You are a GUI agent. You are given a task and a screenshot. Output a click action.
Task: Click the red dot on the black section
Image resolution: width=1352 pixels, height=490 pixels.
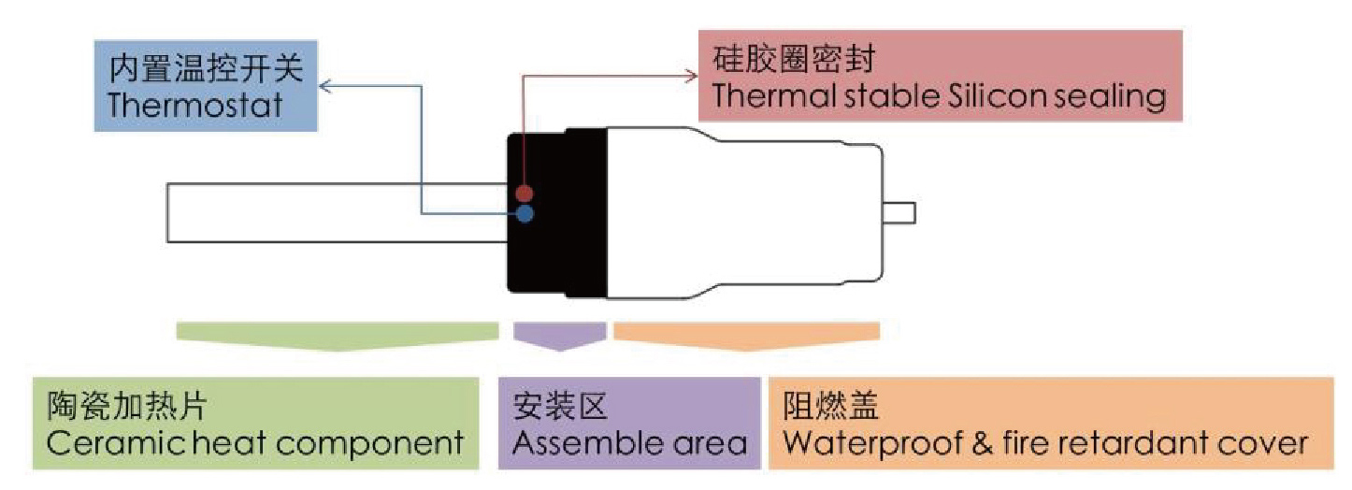(x=525, y=194)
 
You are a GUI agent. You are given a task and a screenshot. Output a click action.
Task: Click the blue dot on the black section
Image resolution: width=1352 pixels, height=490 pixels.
(x=525, y=214)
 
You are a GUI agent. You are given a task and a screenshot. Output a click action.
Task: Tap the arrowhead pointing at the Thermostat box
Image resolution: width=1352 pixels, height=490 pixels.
(x=325, y=87)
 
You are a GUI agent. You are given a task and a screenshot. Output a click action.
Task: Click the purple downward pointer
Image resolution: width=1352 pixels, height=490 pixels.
(x=559, y=336)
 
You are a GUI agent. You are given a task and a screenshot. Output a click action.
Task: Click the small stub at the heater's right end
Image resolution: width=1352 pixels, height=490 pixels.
(x=903, y=213)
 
